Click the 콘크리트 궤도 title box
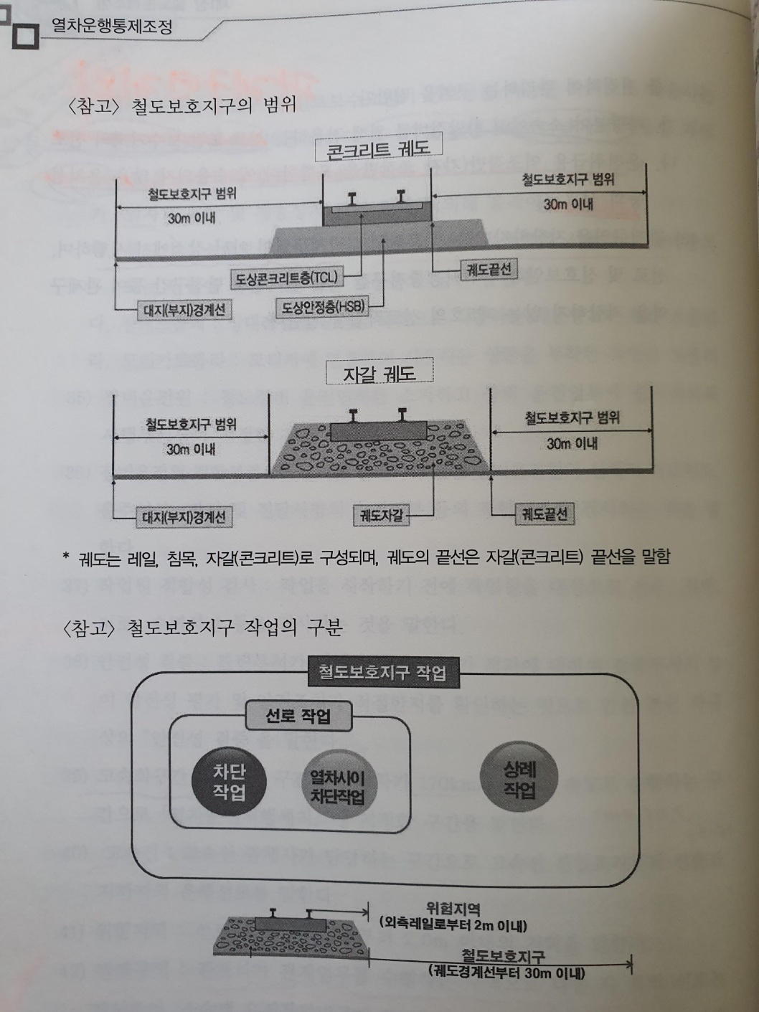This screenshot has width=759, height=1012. [378, 149]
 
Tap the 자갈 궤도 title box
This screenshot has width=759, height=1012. [379, 373]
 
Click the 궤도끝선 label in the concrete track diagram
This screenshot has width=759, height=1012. [489, 269]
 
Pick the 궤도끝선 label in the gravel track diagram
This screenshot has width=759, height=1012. [544, 514]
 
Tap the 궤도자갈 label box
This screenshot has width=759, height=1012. [382, 514]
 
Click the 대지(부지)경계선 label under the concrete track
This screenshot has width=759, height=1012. [184, 310]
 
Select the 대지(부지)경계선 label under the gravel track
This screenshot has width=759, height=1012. [184, 516]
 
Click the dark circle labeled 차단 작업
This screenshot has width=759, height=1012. [229, 782]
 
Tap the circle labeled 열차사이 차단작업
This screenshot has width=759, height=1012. [337, 787]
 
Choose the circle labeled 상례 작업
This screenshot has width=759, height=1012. [519, 780]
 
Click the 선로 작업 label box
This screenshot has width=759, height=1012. [298, 716]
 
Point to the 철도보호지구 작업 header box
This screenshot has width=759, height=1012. [382, 673]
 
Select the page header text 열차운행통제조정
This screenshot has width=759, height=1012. [112, 27]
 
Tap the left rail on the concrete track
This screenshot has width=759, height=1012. [354, 199]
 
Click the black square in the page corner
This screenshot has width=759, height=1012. [24, 35]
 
